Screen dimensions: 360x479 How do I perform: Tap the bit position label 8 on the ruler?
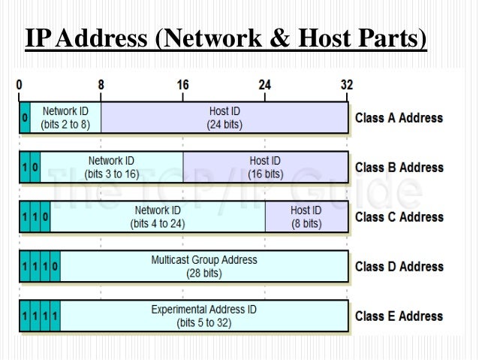click(x=101, y=86)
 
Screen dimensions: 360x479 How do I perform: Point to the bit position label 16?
click(x=182, y=86)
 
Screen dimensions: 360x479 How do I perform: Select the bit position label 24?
click(x=264, y=86)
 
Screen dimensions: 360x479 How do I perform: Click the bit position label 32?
click(x=346, y=86)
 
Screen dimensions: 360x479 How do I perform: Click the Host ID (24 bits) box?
click(x=224, y=118)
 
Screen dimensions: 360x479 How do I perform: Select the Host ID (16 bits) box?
click(x=265, y=167)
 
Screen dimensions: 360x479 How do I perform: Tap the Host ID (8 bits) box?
click(x=306, y=216)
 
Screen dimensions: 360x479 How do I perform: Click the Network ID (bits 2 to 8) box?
click(x=65, y=118)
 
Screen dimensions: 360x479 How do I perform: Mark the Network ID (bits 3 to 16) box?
click(x=111, y=167)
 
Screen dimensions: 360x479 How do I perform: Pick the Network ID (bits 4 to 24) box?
click(x=157, y=216)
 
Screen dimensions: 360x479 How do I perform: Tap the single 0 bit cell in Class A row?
click(x=25, y=118)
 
